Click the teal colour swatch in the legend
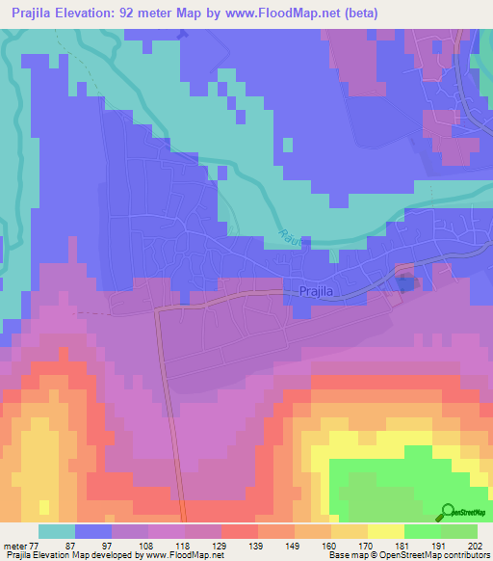[x=57, y=531]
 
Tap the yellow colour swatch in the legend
[x=386, y=531]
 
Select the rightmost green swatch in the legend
[x=459, y=531]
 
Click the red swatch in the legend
[x=240, y=531]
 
